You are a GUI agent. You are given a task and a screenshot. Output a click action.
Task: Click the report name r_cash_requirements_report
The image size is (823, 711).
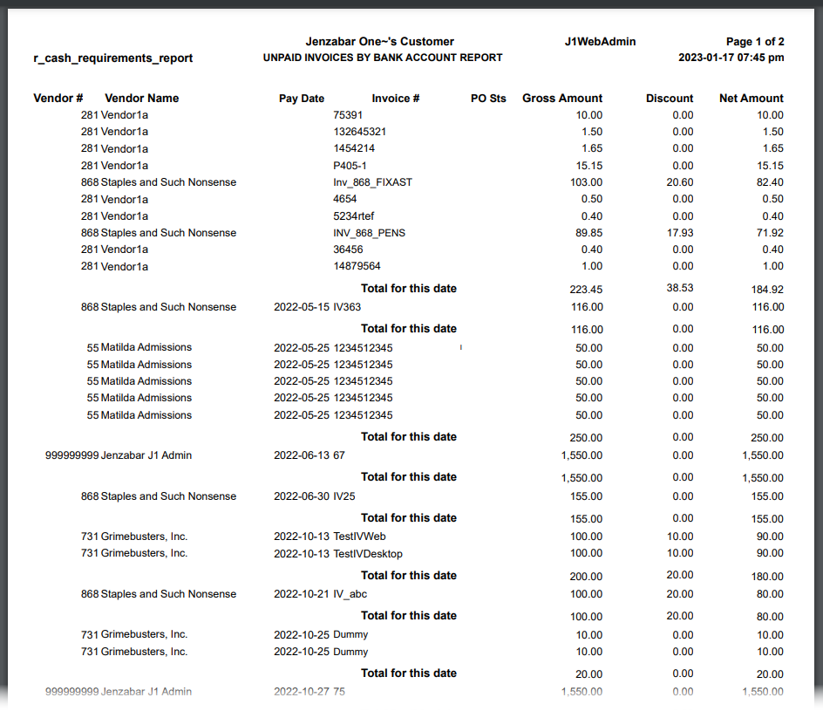click(113, 58)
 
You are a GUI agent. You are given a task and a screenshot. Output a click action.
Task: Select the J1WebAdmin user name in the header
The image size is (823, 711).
click(601, 42)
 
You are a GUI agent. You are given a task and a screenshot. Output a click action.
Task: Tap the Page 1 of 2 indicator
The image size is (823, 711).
click(755, 42)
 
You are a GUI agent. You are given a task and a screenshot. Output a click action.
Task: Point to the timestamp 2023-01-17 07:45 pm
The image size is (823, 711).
click(731, 58)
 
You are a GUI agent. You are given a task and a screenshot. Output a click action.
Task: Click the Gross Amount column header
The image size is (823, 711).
click(562, 99)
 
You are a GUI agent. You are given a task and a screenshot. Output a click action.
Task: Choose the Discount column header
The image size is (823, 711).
click(670, 99)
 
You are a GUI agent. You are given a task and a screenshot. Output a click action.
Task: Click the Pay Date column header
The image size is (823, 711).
click(302, 99)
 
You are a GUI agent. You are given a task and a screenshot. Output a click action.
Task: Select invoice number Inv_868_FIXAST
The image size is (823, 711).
click(372, 182)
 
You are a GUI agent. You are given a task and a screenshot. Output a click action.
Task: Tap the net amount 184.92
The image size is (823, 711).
click(766, 290)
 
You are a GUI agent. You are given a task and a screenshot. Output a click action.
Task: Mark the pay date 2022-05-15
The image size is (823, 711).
click(302, 307)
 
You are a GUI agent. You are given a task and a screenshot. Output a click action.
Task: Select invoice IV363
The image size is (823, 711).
click(347, 307)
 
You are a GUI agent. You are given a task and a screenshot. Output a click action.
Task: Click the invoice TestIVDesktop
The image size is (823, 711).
click(368, 554)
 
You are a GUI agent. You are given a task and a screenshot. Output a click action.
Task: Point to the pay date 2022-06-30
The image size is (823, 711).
click(302, 496)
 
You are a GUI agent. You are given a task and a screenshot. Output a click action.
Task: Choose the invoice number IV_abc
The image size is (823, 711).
click(350, 594)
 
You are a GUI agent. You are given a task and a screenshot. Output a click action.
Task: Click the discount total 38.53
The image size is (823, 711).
click(680, 288)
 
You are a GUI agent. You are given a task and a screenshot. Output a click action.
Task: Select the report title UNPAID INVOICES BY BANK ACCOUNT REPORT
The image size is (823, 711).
click(383, 58)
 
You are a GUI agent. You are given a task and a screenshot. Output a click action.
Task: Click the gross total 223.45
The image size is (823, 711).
click(585, 290)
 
